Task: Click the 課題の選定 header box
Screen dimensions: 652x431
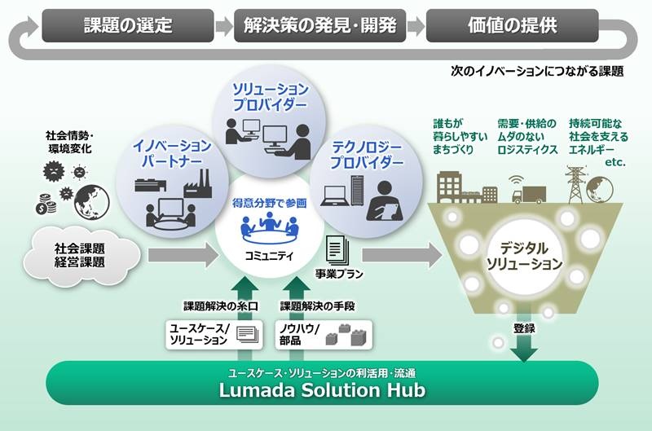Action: pos(128,26)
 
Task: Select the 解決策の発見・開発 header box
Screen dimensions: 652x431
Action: pos(319,26)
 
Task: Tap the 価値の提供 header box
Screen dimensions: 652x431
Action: pos(513,26)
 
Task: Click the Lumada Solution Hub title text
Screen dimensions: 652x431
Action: pos(322,389)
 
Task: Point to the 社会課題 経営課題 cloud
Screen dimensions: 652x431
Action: pos(81,256)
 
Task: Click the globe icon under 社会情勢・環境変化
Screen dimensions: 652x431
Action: pos(92,202)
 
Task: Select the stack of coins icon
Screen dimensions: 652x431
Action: pos(46,204)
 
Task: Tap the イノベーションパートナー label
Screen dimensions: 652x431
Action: pos(172,153)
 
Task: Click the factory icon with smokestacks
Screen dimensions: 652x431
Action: pos(198,183)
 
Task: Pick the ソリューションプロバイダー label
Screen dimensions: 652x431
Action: pos(270,96)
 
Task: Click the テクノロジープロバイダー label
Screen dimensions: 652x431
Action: pos(367,154)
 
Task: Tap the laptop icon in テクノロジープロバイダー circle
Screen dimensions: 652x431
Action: pos(335,196)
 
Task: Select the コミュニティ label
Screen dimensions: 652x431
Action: pos(269,256)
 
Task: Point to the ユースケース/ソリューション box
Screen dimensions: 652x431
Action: pos(214,335)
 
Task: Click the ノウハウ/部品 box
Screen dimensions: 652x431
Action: pos(324,335)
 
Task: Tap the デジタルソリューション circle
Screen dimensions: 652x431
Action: pos(524,256)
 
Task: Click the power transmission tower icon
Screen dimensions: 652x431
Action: pos(575,184)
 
